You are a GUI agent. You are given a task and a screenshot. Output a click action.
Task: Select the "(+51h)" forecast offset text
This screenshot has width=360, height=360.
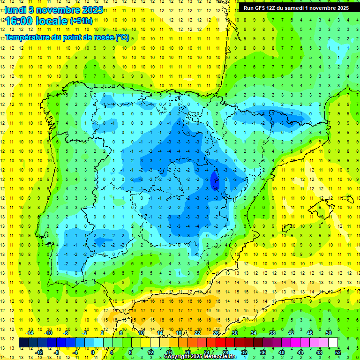point(81,21)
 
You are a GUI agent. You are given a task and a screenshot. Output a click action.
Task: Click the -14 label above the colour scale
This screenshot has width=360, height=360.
point(30,333)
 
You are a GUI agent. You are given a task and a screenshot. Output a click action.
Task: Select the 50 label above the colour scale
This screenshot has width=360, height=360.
point(328,333)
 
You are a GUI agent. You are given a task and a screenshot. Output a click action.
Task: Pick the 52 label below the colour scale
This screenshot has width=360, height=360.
point(337,352)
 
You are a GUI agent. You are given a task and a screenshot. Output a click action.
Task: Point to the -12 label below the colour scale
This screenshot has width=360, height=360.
point(39,352)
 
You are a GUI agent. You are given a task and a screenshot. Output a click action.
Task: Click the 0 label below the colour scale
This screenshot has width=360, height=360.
point(93,352)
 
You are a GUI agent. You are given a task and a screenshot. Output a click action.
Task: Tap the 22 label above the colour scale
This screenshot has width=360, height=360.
point(197,333)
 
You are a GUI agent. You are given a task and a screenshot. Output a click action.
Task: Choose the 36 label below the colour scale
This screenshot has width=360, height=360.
point(262,352)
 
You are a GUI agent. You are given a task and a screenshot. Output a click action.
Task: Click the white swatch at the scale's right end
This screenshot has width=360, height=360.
point(333,342)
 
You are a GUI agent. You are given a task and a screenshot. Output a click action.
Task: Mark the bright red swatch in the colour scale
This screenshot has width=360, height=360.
point(220,342)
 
